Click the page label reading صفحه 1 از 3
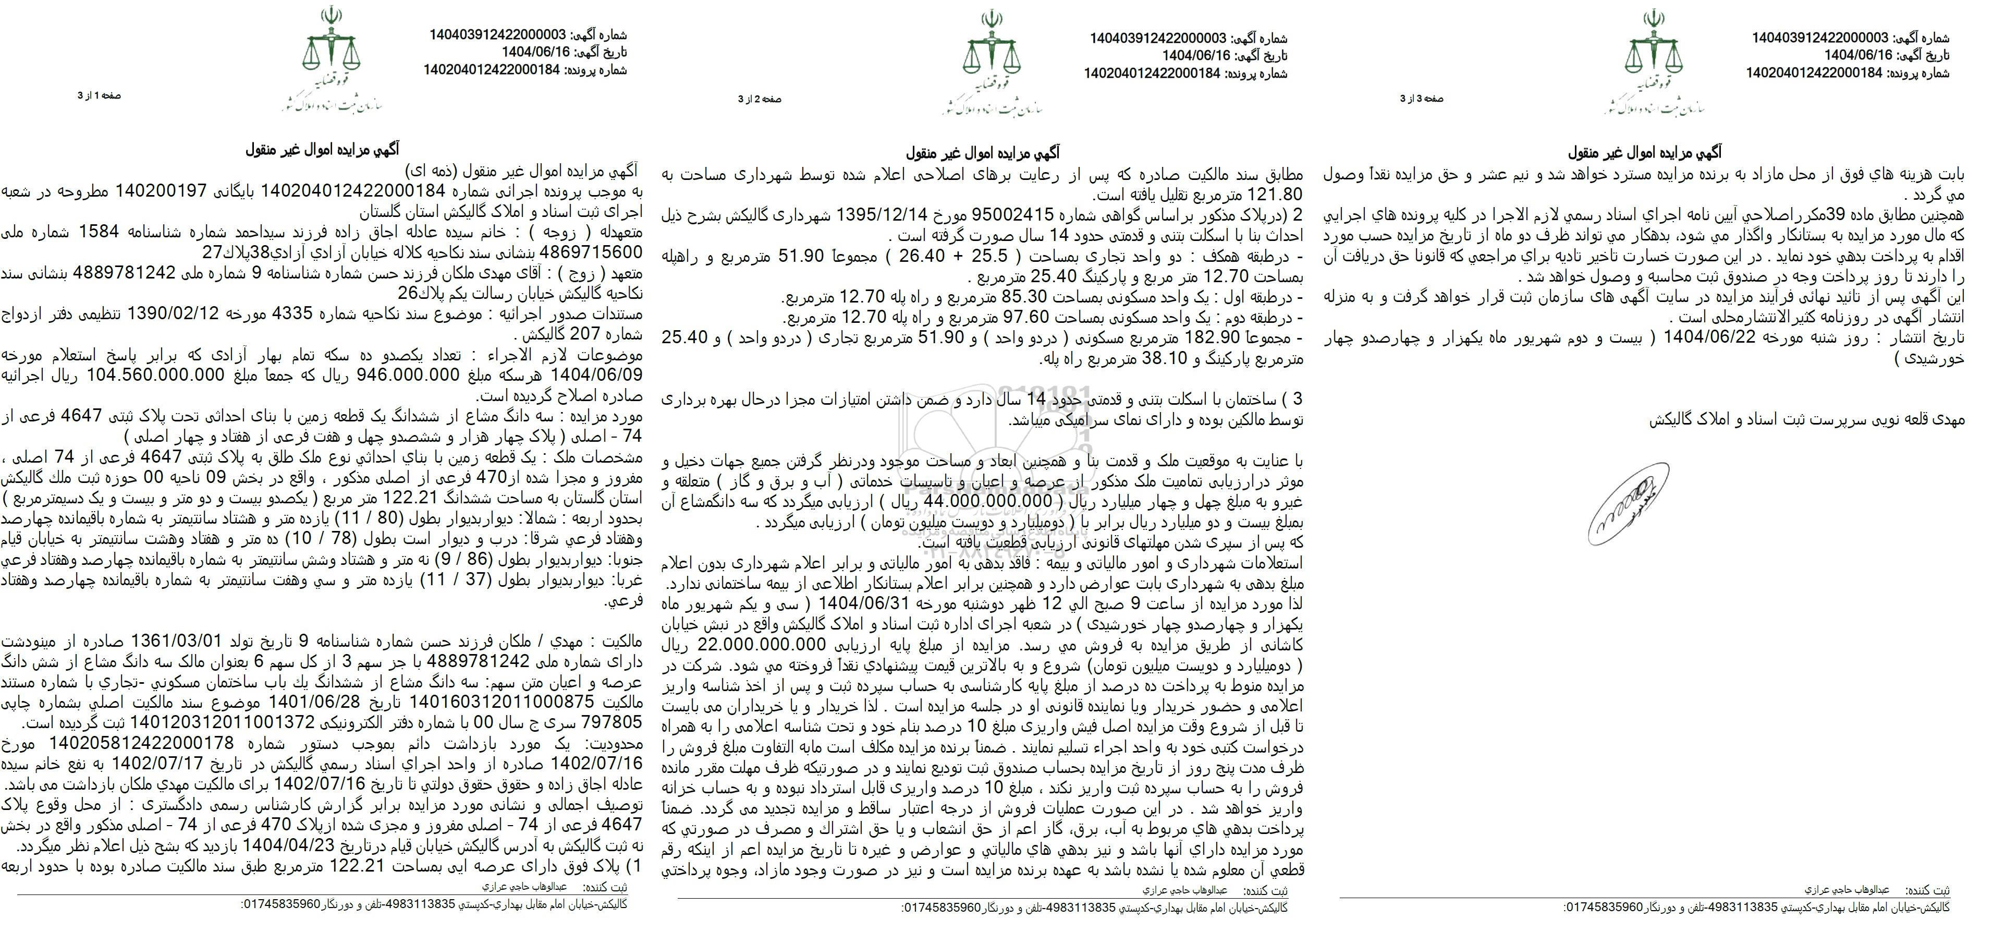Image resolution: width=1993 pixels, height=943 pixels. (x=100, y=96)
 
